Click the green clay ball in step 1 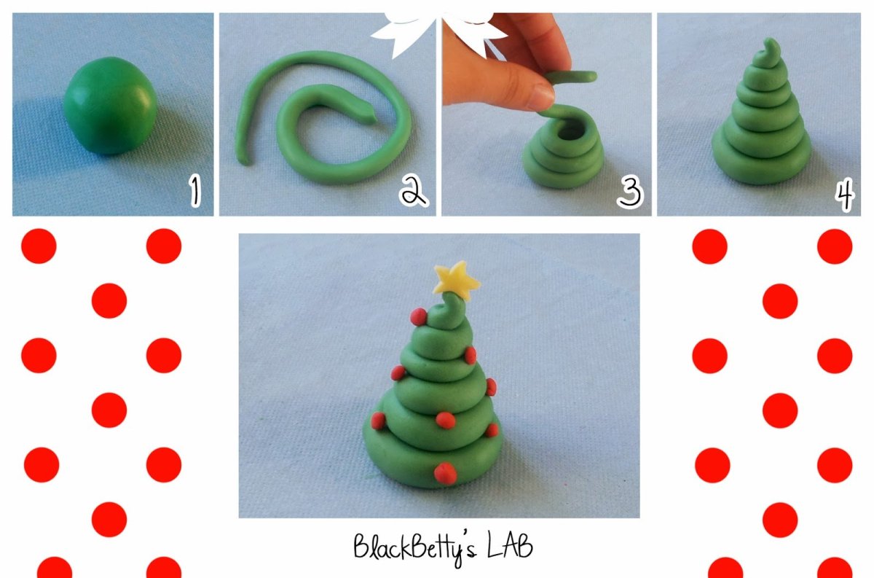tap(111, 106)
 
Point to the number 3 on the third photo tap(629, 192)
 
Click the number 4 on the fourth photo tap(845, 194)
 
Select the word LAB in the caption tap(510, 546)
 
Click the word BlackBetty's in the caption tap(415, 547)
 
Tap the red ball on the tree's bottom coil tap(446, 473)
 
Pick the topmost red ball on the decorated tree tap(419, 316)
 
